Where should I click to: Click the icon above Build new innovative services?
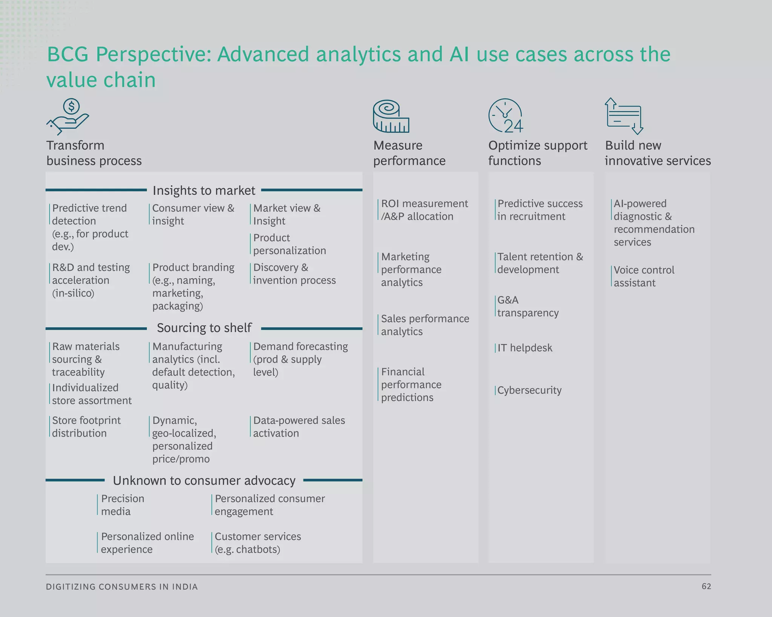pos(624,116)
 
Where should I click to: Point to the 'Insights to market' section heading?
pos(204,191)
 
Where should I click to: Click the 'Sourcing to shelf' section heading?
pos(204,328)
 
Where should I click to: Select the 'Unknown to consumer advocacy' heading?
pos(204,481)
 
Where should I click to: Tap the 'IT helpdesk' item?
pos(525,348)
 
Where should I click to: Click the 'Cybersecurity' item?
pos(529,390)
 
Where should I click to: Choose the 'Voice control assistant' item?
pos(644,276)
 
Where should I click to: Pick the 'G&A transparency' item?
pos(528,307)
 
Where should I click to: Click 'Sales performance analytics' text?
pos(425,325)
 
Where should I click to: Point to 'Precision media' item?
pos(123,505)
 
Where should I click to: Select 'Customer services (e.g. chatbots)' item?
pos(258,543)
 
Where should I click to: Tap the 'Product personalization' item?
pos(289,244)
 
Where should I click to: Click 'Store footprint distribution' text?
pos(86,427)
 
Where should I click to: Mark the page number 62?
pos(706,586)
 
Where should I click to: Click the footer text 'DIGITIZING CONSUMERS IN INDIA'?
pos(122,587)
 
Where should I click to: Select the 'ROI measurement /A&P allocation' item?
pos(424,210)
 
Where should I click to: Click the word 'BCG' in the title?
pos(67,55)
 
